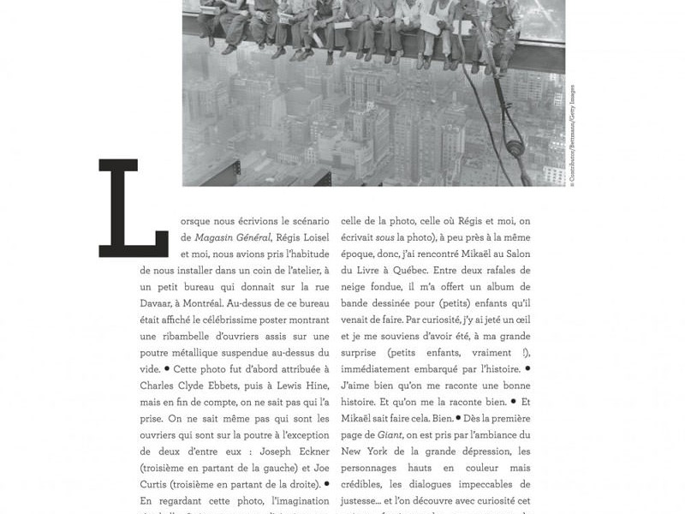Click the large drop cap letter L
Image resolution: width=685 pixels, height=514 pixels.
[x=133, y=207]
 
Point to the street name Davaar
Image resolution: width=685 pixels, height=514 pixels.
[x=158, y=303]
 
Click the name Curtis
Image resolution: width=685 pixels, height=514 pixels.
[x=158, y=484]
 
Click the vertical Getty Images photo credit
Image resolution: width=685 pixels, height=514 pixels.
[x=572, y=134]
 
